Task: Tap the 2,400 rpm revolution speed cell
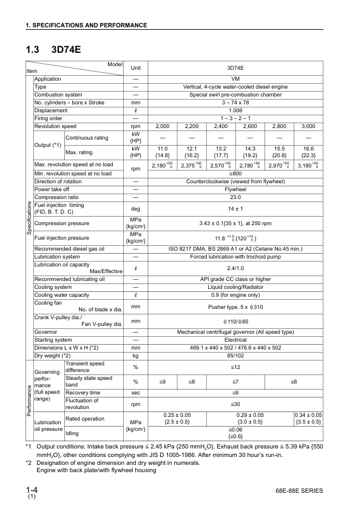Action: [221, 126]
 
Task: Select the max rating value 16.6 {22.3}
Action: [308, 152]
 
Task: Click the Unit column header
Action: [136, 69]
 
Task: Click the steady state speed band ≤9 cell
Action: [163, 381]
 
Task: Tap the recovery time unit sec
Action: [136, 393]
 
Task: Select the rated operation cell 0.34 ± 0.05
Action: [308, 418]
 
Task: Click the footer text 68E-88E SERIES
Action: [299, 490]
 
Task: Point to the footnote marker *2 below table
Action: [29, 462]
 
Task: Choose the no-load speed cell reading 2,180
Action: [163, 165]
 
